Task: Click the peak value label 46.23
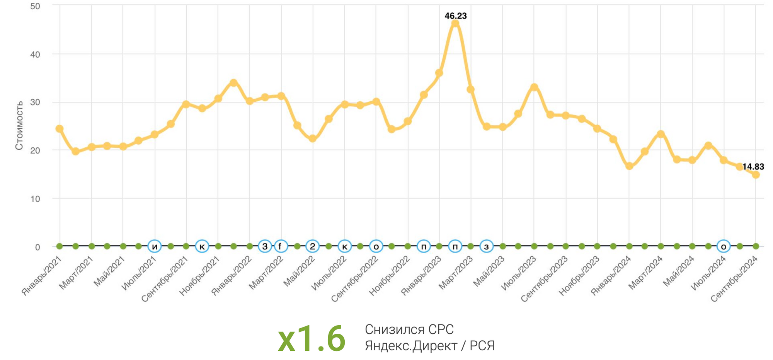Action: (x=456, y=16)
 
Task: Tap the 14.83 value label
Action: (x=753, y=167)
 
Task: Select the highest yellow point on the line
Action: (x=455, y=24)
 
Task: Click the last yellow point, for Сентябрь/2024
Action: (x=756, y=175)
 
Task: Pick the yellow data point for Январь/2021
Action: (x=60, y=129)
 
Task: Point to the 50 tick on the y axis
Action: (x=35, y=7)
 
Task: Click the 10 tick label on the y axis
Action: (x=35, y=199)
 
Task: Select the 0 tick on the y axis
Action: (x=37, y=247)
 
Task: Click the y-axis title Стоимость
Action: (x=19, y=125)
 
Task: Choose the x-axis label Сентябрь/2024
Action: (x=734, y=279)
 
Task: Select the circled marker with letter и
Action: (x=155, y=246)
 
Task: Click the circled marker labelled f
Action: (x=281, y=246)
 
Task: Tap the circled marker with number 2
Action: (x=312, y=246)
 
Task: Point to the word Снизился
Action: (x=390, y=329)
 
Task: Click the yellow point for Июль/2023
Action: (x=534, y=87)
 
